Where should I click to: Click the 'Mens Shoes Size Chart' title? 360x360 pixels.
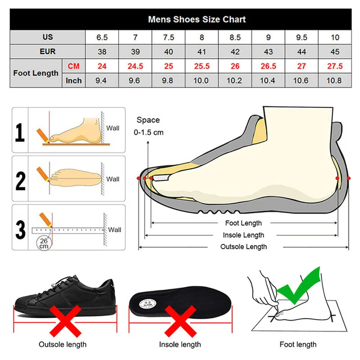click(197, 19)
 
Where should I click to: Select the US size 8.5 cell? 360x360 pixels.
click(234, 37)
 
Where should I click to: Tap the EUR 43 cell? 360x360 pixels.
click(268, 52)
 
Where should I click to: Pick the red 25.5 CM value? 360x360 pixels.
click(201, 66)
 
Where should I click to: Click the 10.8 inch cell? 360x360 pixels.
click(334, 81)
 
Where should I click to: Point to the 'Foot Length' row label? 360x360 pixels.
click(36, 73)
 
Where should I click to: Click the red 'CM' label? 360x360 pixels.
click(74, 66)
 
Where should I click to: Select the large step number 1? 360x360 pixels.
click(20, 133)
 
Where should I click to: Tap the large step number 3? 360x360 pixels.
click(20, 229)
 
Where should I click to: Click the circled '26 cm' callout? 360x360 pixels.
click(44, 243)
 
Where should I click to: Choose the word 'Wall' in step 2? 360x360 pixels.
click(113, 179)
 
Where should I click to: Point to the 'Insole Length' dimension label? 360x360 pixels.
click(243, 235)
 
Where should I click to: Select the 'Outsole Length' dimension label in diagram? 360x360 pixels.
click(243, 247)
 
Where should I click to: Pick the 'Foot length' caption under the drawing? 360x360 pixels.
click(298, 345)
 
